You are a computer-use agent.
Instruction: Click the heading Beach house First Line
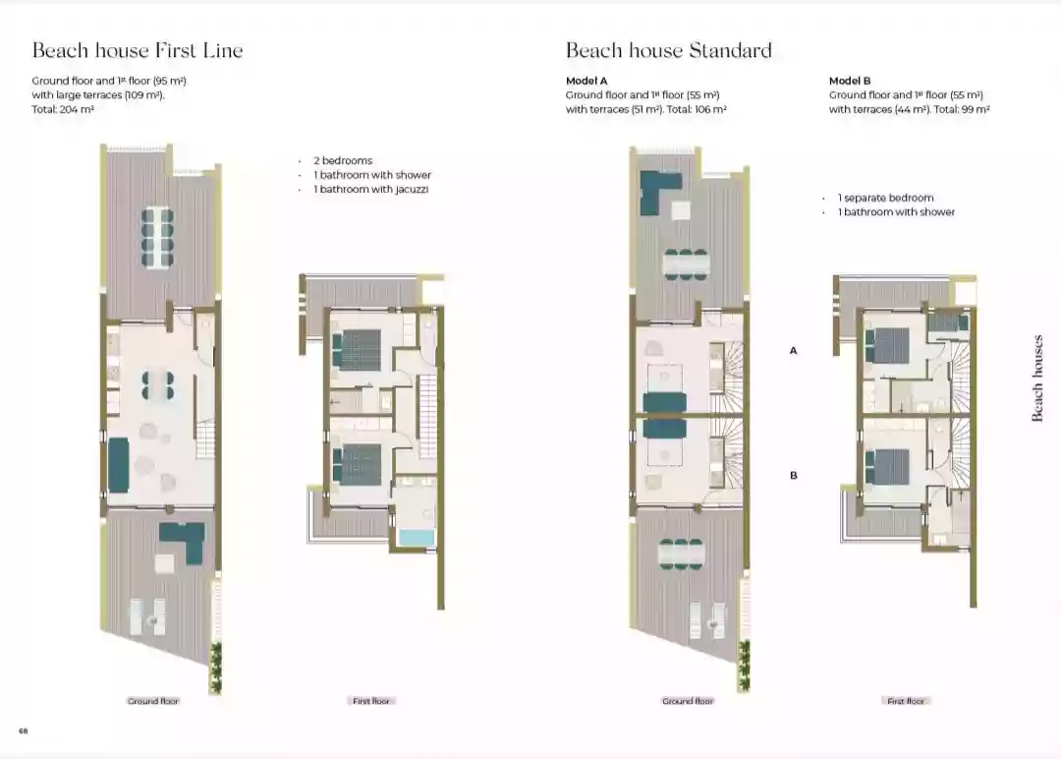(138, 51)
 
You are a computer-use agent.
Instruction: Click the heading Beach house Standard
(668, 51)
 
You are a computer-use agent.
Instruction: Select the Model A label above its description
(586, 81)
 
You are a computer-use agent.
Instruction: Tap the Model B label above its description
(850, 81)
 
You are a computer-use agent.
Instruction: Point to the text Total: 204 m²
(63, 110)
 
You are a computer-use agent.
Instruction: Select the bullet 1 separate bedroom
(885, 198)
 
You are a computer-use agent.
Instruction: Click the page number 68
(22, 730)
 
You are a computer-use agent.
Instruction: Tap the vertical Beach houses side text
(1038, 379)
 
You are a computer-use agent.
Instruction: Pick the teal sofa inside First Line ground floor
(118, 465)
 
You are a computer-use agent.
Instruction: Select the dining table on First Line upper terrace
(158, 236)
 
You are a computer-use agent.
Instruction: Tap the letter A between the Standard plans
(793, 349)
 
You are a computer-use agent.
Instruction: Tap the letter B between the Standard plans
(793, 475)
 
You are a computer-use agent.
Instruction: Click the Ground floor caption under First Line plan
(154, 701)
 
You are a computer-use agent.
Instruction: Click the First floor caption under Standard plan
(906, 701)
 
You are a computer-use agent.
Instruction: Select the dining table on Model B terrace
(682, 554)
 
